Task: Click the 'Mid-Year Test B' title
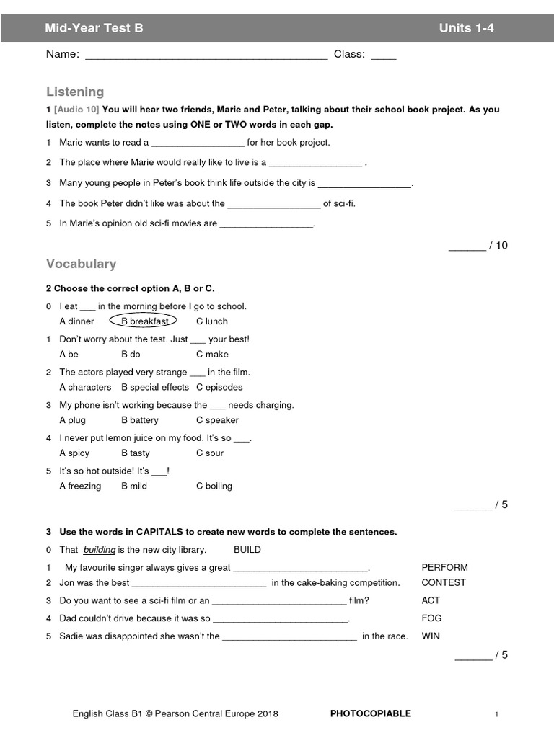[94, 28]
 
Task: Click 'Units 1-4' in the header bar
[467, 28]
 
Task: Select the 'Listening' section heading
[75, 92]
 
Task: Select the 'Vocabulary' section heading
[81, 264]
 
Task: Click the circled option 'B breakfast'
[144, 321]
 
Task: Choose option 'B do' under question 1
[131, 355]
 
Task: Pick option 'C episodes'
[219, 387]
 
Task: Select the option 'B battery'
[140, 420]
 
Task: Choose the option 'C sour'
[210, 453]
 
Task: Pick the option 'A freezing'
[80, 486]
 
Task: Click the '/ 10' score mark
[498, 245]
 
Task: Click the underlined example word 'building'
[100, 549]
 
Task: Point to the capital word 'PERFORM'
[444, 567]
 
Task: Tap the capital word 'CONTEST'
[444, 582]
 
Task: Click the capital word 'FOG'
[431, 618]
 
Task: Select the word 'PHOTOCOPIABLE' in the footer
[370, 713]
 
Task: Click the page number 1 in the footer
[496, 714]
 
